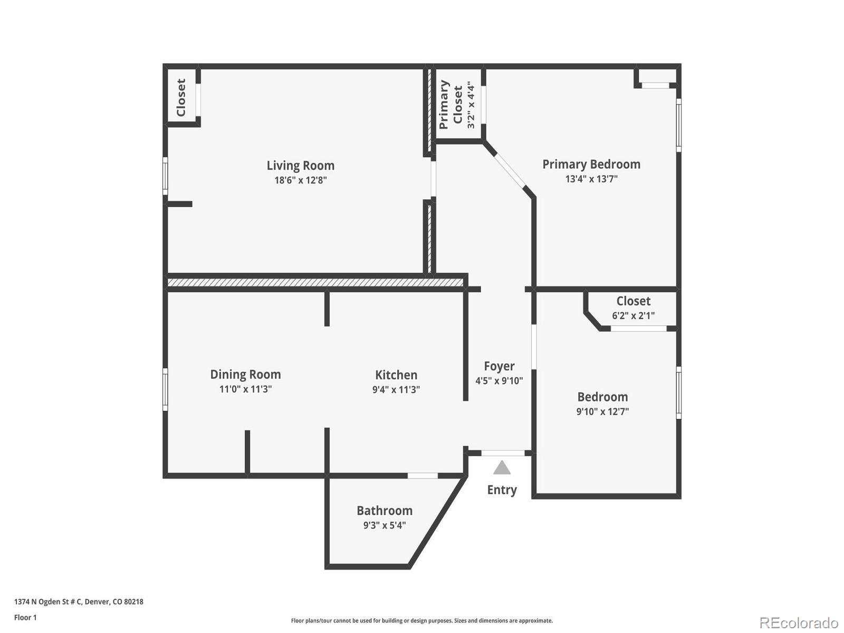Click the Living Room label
(300, 166)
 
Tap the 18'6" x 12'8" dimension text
(300, 180)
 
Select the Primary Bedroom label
(591, 165)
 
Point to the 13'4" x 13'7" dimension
(591, 179)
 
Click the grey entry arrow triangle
(502, 468)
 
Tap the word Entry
(502, 490)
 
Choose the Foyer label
(499, 366)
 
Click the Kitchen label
(396, 375)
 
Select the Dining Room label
(245, 375)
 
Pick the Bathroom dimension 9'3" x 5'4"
(384, 525)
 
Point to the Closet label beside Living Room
(181, 98)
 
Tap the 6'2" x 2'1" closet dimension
(633, 316)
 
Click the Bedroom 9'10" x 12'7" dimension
(602, 411)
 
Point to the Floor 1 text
(25, 618)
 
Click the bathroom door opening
(423, 476)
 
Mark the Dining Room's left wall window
(165, 389)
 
